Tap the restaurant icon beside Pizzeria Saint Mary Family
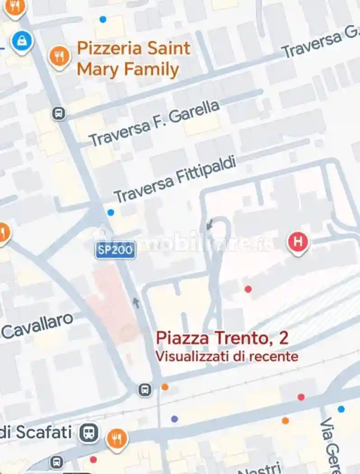click(x=59, y=57)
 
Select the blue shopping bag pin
click(x=22, y=42)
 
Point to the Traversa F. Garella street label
click(x=154, y=123)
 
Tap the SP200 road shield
click(x=116, y=250)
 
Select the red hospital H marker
click(x=298, y=242)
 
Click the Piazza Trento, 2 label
click(x=222, y=338)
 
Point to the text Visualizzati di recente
click(x=227, y=356)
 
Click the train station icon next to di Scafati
click(x=89, y=433)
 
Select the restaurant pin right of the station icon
click(x=117, y=438)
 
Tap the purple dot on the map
click(x=174, y=419)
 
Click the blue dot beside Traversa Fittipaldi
click(x=111, y=212)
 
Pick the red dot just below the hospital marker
click(x=248, y=289)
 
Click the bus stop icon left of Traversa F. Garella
click(x=59, y=113)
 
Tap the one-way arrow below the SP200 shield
click(x=136, y=302)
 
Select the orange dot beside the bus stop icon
click(x=165, y=387)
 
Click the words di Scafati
click(x=36, y=432)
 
